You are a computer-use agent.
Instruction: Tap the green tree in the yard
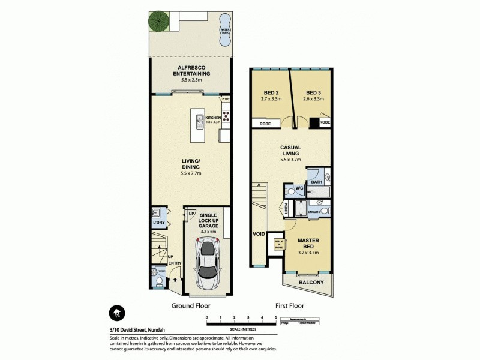[x=160, y=23]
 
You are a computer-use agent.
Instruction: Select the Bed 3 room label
[x=310, y=94]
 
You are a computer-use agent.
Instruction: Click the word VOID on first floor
[x=259, y=235]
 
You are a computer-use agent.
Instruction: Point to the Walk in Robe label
[x=278, y=243]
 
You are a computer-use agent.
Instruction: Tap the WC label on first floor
[x=298, y=189]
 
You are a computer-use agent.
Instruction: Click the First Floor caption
[x=290, y=305]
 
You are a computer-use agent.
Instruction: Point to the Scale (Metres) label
[x=241, y=329]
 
